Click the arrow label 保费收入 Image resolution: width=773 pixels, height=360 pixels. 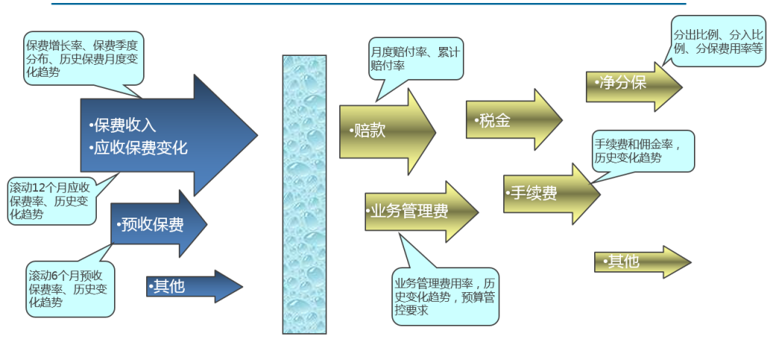[x=125, y=124]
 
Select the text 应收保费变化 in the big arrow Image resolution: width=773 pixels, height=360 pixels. [x=141, y=148]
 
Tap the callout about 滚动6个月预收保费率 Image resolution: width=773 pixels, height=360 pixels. [x=70, y=287]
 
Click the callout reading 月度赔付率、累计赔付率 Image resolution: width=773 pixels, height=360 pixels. [x=415, y=58]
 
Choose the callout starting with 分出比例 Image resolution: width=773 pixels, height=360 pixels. [x=717, y=42]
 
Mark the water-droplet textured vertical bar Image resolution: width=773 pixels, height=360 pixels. [x=304, y=194]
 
